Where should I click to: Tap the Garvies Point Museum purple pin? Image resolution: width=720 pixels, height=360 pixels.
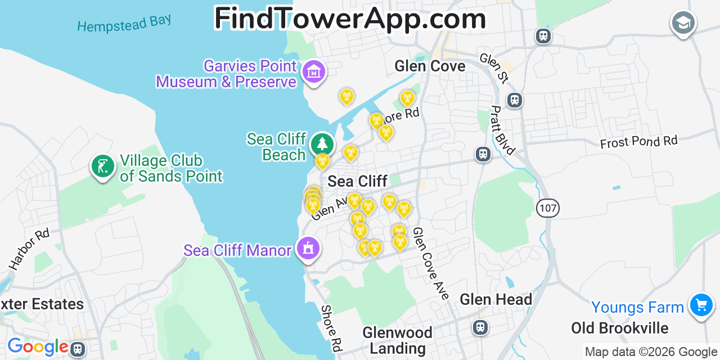pos(314,73)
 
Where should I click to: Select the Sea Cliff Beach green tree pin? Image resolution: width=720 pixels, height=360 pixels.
pos(322,145)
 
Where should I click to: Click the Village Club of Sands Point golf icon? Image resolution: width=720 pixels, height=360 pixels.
pos(103,167)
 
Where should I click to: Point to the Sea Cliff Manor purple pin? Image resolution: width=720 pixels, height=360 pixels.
pos(308,249)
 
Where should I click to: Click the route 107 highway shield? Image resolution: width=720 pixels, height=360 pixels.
pos(547,208)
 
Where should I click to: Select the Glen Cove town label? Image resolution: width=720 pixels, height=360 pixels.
pos(430,66)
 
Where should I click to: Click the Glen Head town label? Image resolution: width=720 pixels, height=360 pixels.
pos(496,299)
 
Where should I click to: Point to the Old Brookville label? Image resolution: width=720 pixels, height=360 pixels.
pos(619,328)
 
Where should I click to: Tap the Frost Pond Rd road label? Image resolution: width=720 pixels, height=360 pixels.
pos(638,142)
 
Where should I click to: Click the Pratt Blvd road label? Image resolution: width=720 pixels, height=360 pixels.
pos(502,130)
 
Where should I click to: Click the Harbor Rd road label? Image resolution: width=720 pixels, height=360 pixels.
pos(29,249)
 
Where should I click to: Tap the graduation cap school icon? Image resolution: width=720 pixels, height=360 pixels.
pos(683,23)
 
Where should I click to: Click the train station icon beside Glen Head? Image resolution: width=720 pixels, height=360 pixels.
pos(480,327)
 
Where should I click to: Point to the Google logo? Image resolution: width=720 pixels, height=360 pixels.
pos(37,346)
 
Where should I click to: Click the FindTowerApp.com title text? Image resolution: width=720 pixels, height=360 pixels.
pos(350,18)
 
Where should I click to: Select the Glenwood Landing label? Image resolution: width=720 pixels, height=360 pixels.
pos(397,340)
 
